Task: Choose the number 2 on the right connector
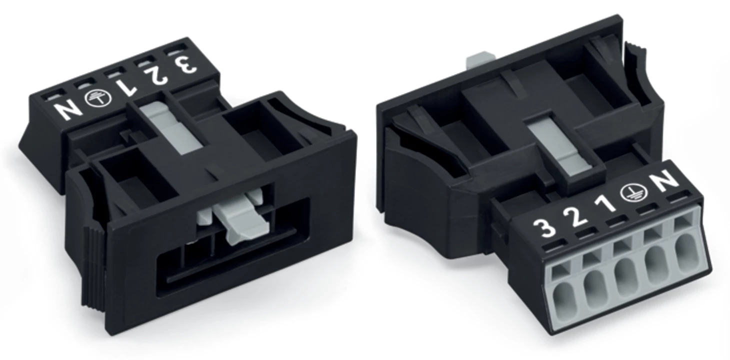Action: (575, 217)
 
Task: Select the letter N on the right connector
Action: (667, 180)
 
